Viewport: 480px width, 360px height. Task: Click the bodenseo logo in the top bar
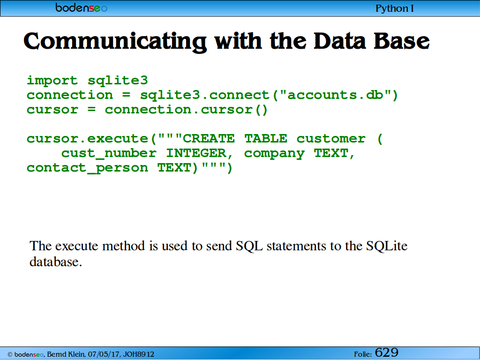(x=81, y=7)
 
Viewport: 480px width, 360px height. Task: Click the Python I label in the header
(x=395, y=8)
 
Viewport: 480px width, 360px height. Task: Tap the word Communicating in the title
(x=115, y=42)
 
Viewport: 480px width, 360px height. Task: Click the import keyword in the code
(x=52, y=81)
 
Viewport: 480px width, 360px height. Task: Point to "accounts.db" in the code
(x=335, y=95)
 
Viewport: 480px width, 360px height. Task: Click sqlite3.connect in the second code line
(x=204, y=95)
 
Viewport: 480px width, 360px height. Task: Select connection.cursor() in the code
(x=186, y=110)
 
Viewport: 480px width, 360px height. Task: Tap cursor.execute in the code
(x=88, y=139)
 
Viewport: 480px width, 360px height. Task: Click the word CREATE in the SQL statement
(x=209, y=139)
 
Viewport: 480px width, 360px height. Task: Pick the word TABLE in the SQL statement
(x=266, y=139)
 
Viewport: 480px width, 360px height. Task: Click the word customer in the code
(x=331, y=139)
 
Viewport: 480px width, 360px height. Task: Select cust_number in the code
(x=109, y=153)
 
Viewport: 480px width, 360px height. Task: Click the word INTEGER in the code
(x=196, y=153)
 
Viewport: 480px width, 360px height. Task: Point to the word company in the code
(x=274, y=154)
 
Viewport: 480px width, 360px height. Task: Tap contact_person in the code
(x=88, y=168)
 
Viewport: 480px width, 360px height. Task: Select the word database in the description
(x=56, y=262)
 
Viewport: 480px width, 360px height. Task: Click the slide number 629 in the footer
(x=387, y=352)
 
